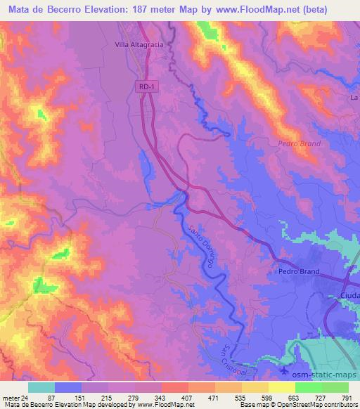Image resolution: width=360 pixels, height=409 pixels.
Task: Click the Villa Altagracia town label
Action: [x=141, y=44]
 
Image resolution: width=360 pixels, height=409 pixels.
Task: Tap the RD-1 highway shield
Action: [x=143, y=85]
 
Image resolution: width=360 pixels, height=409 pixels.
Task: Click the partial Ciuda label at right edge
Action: [x=349, y=296]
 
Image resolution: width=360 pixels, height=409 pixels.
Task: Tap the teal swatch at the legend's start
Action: [x=41, y=387]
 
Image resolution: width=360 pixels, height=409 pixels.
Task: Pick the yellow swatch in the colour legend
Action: [x=281, y=387]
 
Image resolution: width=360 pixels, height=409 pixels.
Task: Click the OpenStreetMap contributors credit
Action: [x=317, y=404]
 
